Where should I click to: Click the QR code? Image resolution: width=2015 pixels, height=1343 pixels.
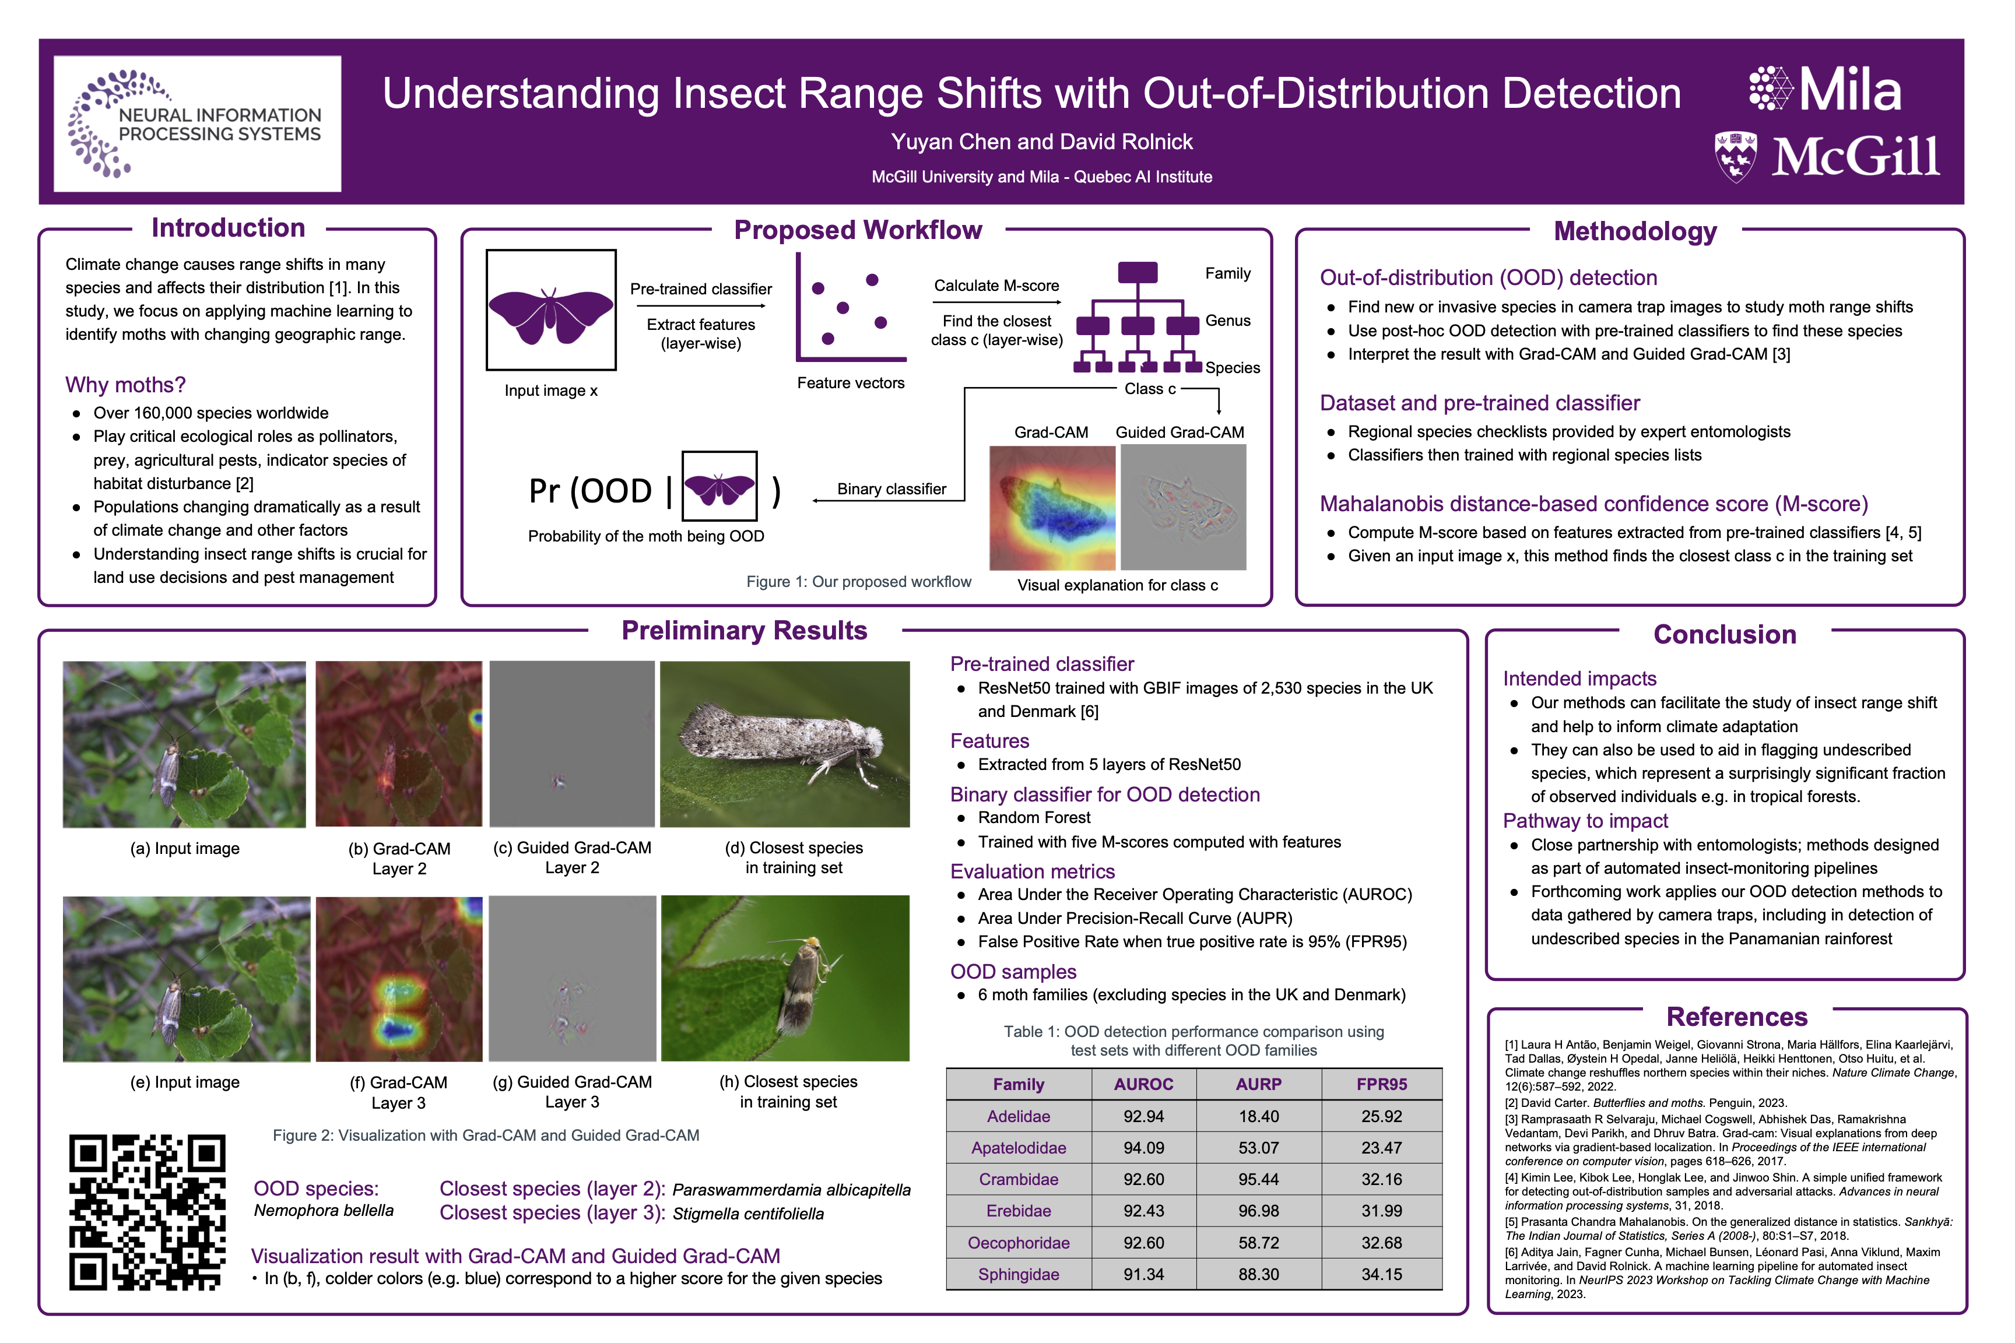pos(148,1211)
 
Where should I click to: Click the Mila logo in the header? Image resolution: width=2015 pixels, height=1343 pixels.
pos(1825,89)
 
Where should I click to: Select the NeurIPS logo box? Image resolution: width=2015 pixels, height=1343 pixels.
pos(197,124)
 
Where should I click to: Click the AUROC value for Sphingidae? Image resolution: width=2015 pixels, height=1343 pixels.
pos(1144,1274)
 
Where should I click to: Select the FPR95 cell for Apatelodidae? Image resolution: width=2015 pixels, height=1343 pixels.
pos(1381,1148)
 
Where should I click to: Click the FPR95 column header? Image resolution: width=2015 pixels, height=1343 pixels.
pos(1381,1084)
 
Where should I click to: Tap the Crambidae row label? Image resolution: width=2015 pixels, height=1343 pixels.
pos(1019,1179)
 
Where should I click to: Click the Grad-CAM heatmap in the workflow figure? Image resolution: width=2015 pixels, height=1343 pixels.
pos(1052,507)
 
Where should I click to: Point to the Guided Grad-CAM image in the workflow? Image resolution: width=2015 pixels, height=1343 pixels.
pos(1183,507)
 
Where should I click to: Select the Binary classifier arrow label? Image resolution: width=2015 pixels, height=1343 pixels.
pos(891,489)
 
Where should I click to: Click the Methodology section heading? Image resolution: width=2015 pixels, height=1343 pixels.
pos(1635,231)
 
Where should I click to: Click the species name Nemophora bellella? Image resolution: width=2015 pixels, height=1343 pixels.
pos(324,1210)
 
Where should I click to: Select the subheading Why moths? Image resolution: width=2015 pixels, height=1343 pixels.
pos(125,385)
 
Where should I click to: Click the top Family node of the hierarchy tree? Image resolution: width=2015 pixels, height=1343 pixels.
pos(1138,272)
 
